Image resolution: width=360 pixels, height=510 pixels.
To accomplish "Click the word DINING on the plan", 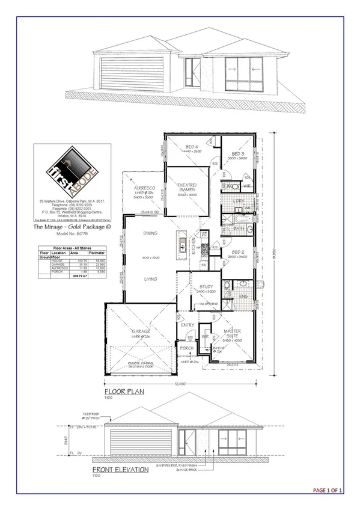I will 151,233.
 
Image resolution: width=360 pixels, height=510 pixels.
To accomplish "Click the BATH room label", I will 239,229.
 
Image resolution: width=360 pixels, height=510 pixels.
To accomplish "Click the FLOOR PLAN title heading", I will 120,390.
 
